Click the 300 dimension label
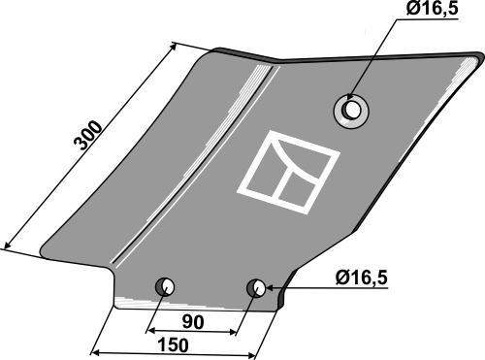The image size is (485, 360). click(x=88, y=135)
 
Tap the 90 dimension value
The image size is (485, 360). click(x=193, y=322)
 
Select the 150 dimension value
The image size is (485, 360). click(x=173, y=344)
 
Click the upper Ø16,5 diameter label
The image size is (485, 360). click(x=433, y=9)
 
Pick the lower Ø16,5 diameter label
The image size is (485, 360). click(x=361, y=278)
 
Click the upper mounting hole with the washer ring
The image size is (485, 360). click(x=351, y=111)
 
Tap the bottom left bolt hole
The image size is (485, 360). click(x=165, y=286)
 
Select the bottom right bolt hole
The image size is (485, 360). click(x=256, y=287)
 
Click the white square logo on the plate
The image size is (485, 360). click(x=288, y=172)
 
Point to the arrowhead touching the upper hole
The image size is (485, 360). click(x=349, y=97)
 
